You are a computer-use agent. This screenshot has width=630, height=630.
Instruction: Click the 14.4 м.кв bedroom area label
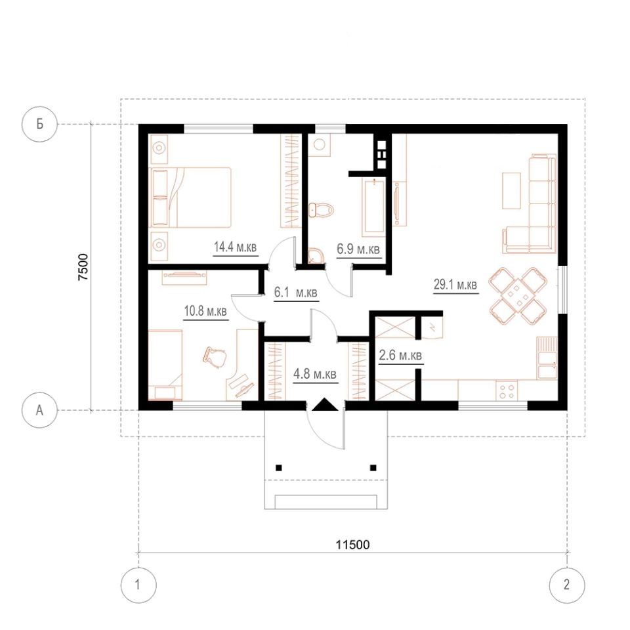click(235, 247)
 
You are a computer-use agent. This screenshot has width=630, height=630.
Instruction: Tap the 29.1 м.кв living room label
click(455, 285)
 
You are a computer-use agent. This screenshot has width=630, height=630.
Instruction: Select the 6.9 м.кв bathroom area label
click(358, 249)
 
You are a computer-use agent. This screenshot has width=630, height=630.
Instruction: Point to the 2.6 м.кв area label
click(400, 355)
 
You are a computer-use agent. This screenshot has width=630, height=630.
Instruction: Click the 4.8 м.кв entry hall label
click(315, 375)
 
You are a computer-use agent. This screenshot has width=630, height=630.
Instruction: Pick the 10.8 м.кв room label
click(205, 311)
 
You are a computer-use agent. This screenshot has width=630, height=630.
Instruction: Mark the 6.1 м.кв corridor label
click(296, 293)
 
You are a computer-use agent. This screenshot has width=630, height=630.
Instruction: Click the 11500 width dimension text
click(353, 545)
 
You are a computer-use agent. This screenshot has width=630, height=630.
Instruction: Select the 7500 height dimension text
click(83, 267)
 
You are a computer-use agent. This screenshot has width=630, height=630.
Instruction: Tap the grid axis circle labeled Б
click(39, 124)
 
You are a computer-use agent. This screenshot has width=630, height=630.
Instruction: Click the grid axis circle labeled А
click(39, 410)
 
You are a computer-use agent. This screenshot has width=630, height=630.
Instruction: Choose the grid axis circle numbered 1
click(138, 585)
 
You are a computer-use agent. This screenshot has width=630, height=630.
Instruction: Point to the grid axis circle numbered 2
click(567, 585)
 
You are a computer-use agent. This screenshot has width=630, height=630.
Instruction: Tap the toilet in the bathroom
click(321, 209)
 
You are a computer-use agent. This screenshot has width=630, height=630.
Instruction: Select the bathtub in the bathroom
click(373, 208)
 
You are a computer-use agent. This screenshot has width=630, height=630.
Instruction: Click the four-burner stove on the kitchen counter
click(507, 390)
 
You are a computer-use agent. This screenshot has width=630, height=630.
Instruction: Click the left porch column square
click(279, 468)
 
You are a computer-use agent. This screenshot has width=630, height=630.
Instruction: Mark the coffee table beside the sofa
click(511, 190)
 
